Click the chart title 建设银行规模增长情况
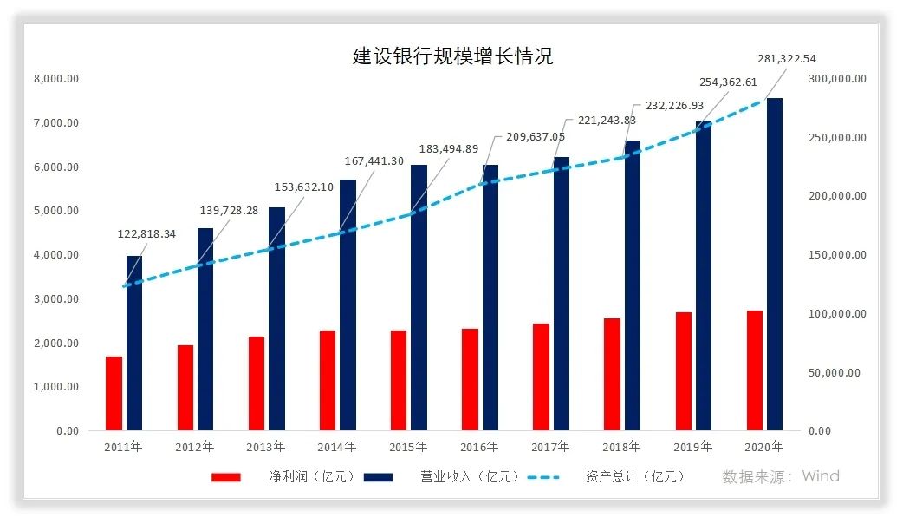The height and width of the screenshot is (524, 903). click(452, 56)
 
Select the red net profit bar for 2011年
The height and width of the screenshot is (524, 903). click(114, 393)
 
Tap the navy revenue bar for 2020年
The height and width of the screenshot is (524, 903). click(774, 265)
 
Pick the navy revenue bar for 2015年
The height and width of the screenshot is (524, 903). click(419, 298)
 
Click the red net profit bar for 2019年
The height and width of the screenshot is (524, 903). click(683, 371)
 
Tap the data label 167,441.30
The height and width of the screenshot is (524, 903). click(373, 160)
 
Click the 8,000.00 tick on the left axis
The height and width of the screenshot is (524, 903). click(56, 79)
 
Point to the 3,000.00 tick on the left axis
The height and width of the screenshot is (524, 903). click(56, 299)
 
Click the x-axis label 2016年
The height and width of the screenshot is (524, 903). click(479, 447)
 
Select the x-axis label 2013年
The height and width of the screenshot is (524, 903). click(266, 447)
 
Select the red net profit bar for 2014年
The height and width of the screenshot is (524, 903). click(327, 380)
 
